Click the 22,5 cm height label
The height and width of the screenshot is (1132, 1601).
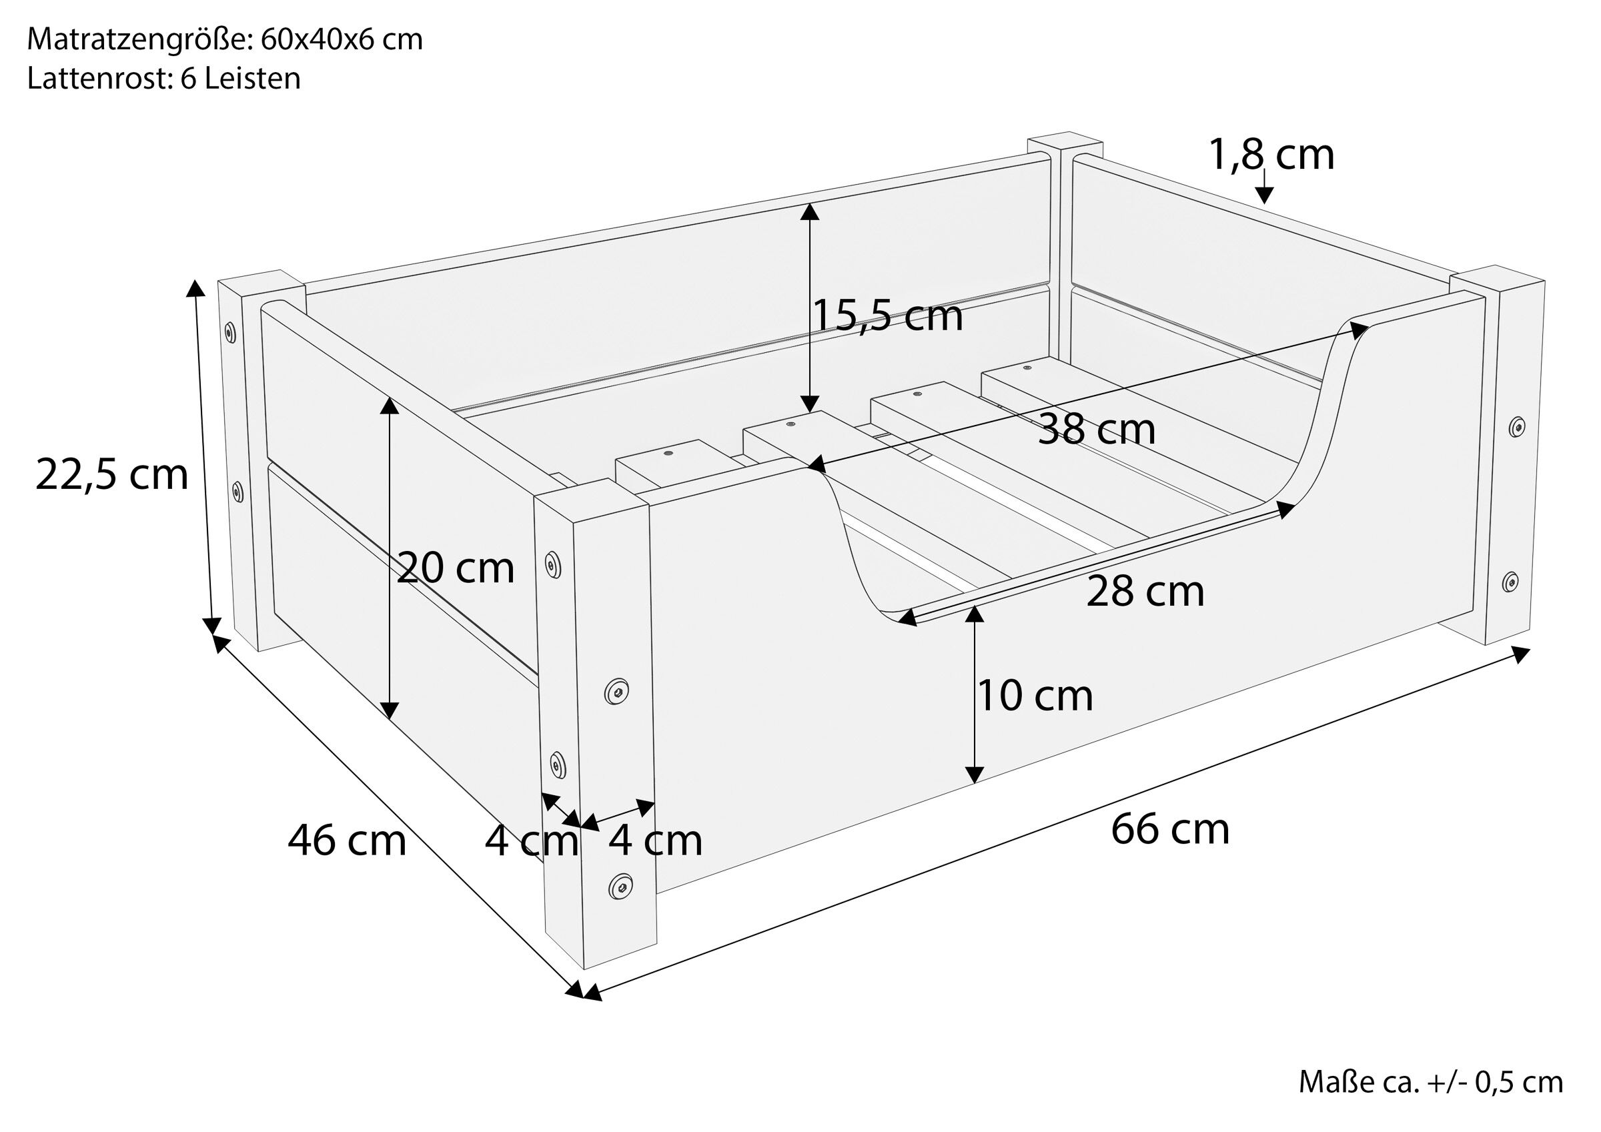click(111, 476)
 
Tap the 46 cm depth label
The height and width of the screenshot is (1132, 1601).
click(347, 840)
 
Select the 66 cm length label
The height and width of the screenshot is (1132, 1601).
click(1170, 829)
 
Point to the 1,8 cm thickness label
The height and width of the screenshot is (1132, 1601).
click(1271, 155)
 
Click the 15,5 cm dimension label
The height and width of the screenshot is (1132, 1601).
click(888, 316)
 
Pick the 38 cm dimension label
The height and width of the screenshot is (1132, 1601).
click(1096, 429)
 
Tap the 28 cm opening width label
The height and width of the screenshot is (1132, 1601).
click(1145, 592)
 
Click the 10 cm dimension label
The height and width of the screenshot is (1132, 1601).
click(1035, 695)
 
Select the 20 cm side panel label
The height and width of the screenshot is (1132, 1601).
click(456, 568)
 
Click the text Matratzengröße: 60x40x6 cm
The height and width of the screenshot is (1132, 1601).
click(225, 40)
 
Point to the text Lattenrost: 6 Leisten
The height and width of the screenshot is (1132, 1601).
click(164, 78)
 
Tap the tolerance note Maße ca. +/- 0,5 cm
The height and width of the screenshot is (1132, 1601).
click(1430, 1082)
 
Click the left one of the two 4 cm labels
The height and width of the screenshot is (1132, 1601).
click(532, 840)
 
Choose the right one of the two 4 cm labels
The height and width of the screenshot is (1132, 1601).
click(656, 840)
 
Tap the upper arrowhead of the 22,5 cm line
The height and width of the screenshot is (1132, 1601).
click(195, 288)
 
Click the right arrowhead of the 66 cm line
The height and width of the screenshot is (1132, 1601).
click(1520, 654)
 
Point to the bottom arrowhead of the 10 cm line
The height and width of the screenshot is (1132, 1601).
click(974, 774)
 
